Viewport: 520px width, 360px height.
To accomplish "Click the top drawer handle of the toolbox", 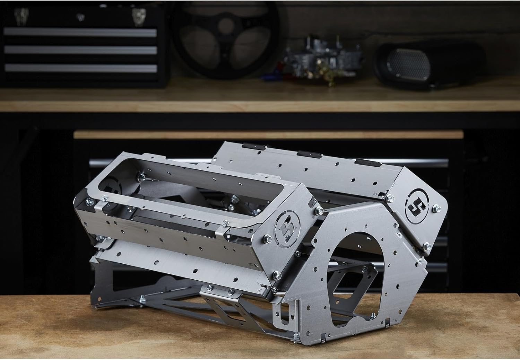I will [80, 33].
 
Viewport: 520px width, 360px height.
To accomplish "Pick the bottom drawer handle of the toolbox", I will [80, 67].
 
